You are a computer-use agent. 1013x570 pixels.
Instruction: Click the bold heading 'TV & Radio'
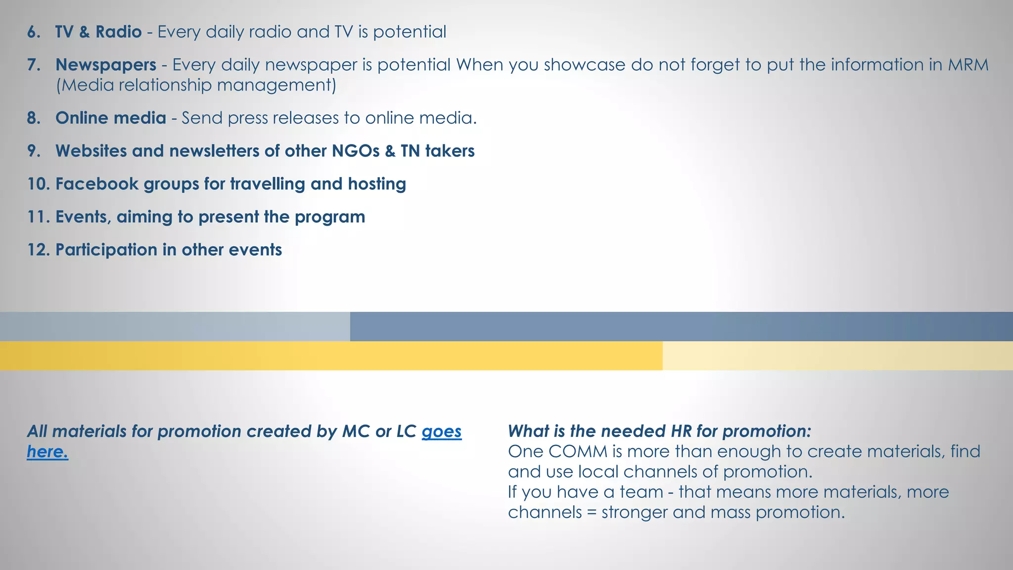pos(98,32)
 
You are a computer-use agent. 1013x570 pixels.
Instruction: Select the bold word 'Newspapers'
pos(106,65)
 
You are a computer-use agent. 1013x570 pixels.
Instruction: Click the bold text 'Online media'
pos(111,118)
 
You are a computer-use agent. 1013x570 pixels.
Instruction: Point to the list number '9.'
pos(34,151)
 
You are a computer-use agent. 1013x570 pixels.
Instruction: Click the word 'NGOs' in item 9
pos(355,151)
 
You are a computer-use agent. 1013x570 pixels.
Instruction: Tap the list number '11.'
pos(39,217)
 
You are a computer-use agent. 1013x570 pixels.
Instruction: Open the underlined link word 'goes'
pos(441,431)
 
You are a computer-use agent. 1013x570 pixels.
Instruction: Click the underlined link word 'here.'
pos(47,452)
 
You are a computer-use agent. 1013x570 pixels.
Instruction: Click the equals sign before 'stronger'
pos(592,513)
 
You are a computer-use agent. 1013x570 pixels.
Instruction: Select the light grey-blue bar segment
pos(175,327)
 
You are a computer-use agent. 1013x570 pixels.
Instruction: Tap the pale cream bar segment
pos(837,356)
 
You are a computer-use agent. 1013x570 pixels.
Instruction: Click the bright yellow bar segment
pos(331,356)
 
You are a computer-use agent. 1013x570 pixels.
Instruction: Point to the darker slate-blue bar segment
pos(681,327)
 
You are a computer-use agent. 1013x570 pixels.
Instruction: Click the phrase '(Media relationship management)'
pos(196,85)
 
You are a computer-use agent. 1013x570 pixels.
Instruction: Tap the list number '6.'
pos(34,32)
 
